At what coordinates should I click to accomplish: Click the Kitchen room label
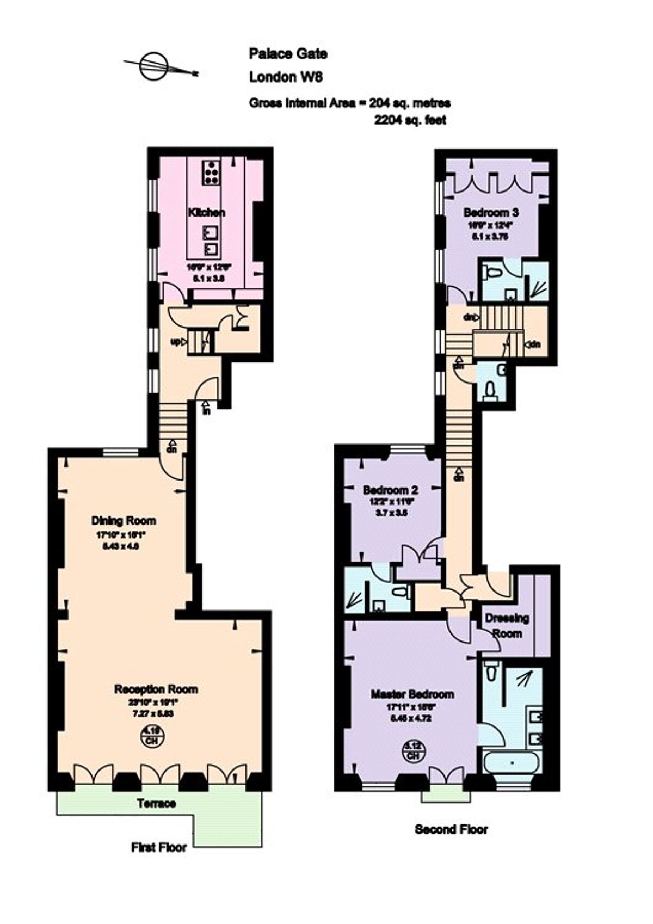click(206, 212)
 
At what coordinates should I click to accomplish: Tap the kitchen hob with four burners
click(211, 171)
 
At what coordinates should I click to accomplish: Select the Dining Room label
click(124, 520)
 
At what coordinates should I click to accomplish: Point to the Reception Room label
click(156, 689)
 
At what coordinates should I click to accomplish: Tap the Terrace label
click(156, 803)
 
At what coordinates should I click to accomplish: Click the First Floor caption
click(159, 847)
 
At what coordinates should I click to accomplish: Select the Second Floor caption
click(451, 829)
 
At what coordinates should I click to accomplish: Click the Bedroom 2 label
click(390, 489)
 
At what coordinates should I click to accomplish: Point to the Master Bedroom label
click(412, 694)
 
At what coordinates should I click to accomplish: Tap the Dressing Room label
click(507, 625)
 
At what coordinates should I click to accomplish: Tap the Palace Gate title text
click(288, 53)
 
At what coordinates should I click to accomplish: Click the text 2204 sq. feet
click(410, 120)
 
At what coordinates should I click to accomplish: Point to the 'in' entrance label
click(206, 410)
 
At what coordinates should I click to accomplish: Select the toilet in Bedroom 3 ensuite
click(492, 273)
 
